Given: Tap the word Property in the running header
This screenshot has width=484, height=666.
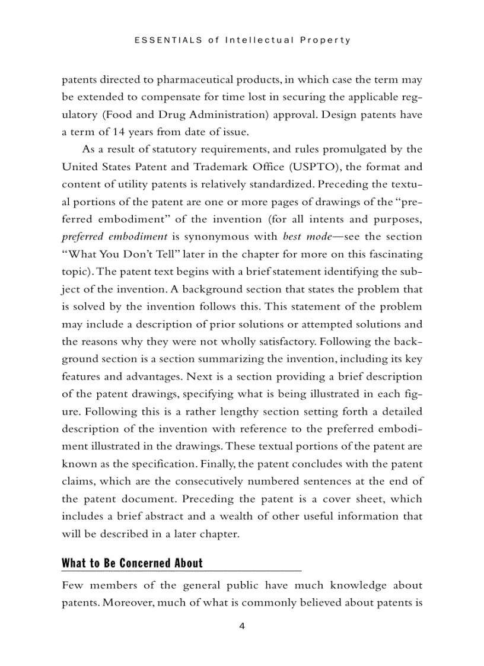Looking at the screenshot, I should [x=326, y=40].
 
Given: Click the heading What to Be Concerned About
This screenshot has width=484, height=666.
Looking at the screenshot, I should [x=132, y=563].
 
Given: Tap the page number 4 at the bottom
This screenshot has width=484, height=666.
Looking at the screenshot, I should [x=241, y=626].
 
